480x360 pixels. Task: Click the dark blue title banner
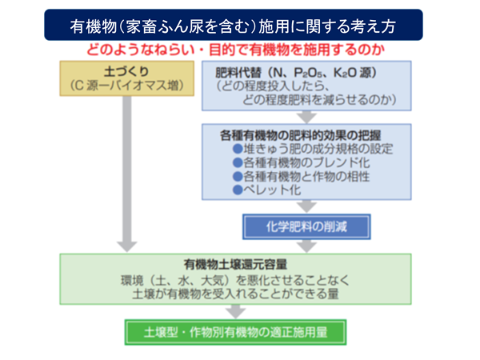pos(234,25)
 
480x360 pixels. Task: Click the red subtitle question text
pos(235,50)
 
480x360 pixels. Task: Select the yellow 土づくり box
pos(126,78)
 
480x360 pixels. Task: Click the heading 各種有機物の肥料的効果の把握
pos(300,135)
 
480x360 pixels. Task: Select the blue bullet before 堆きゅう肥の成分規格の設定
pos(238,149)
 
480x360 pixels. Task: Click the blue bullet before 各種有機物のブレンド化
pos(238,163)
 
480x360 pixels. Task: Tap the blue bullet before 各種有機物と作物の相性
pos(238,177)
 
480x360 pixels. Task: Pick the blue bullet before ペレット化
pos(238,190)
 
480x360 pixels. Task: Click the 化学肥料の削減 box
pos(306,227)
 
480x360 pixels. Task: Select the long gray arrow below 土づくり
pos(126,174)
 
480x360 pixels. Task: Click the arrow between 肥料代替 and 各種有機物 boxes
pos(306,117)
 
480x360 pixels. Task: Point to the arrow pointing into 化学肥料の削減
pos(306,206)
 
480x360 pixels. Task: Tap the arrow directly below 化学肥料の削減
pos(306,246)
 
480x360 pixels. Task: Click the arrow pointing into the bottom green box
pos(235,312)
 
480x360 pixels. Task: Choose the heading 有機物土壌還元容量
pos(235,265)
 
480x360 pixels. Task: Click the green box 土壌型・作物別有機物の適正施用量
pos(235,332)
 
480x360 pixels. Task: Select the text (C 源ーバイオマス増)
pos(126,86)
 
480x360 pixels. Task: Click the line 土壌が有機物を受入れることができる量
pos(235,294)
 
